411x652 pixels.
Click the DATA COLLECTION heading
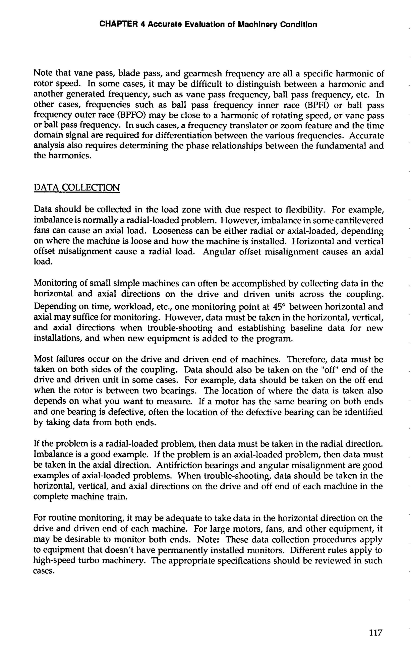[x=77, y=187]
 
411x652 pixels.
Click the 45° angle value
[x=279, y=307]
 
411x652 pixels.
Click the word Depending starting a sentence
[x=55, y=307]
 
